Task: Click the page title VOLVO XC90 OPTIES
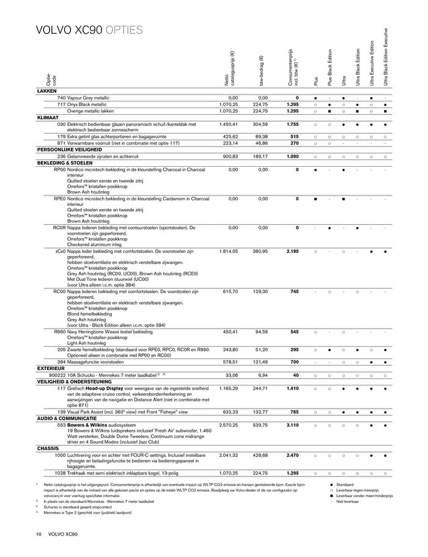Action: point(89,30)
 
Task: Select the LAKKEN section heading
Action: point(47,90)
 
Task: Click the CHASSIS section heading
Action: point(48,448)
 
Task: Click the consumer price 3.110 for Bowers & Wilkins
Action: point(292,424)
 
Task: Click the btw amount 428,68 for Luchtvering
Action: point(259,455)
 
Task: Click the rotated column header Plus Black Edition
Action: point(330,67)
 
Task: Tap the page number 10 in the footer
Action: point(39,535)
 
